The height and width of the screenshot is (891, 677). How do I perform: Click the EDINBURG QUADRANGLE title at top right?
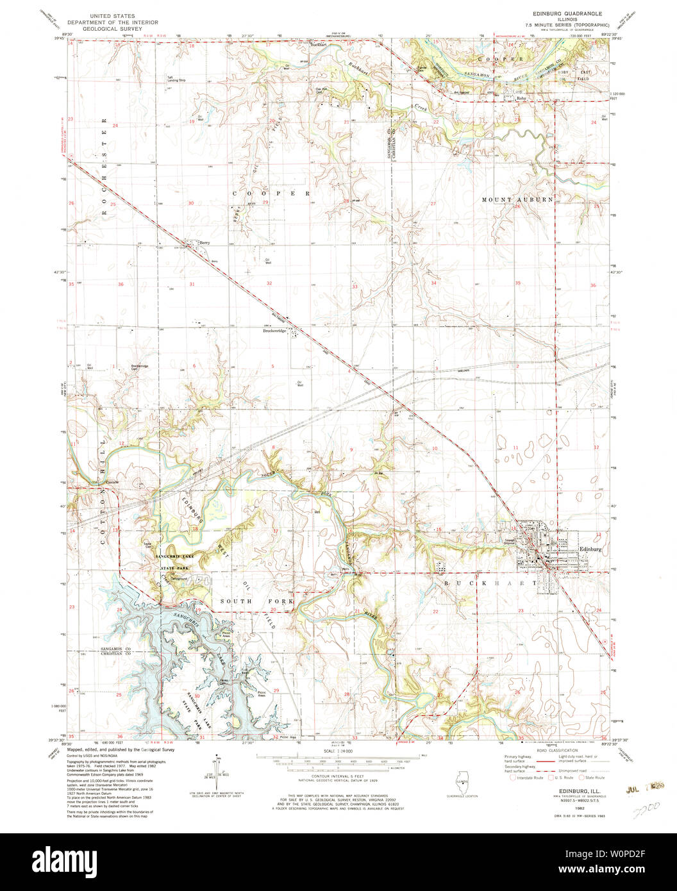pyautogui.click(x=556, y=13)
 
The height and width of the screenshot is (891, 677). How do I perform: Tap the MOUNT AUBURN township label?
pyautogui.click(x=517, y=200)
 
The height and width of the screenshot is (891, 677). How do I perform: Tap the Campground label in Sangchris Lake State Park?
pyautogui.click(x=178, y=578)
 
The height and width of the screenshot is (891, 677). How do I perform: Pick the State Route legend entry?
pyautogui.click(x=598, y=778)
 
